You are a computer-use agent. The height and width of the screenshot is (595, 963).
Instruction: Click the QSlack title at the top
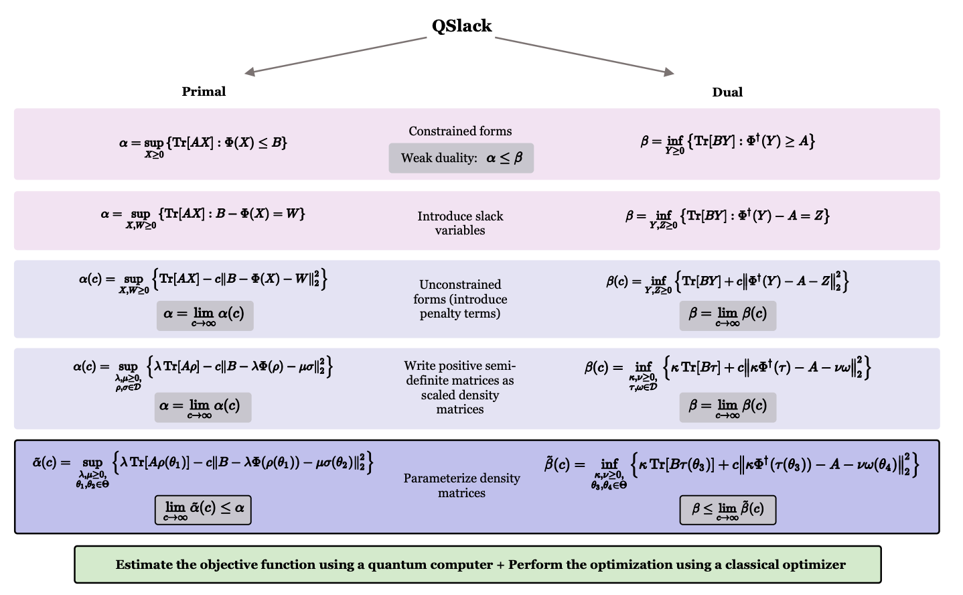coord(461,26)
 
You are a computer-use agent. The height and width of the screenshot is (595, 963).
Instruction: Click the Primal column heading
coord(204,92)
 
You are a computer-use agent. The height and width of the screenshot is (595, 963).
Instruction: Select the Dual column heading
coord(727,92)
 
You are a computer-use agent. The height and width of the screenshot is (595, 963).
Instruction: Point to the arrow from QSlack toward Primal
coord(335,55)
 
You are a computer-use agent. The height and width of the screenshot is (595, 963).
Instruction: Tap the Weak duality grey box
coord(461,158)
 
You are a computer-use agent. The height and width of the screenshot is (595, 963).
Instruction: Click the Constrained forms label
coord(460,131)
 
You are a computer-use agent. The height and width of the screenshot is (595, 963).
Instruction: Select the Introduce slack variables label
coord(460,223)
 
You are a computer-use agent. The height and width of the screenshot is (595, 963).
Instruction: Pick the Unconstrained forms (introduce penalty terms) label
coord(460,299)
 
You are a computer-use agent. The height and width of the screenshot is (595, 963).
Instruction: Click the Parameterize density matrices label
coord(461,485)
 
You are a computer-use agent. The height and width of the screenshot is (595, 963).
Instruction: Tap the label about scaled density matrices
coord(460,387)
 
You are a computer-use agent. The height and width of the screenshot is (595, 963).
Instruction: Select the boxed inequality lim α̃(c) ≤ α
coord(203,510)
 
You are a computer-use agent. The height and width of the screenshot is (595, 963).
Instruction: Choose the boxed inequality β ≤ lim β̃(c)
coord(727,510)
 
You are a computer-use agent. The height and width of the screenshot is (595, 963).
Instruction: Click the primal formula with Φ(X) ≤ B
coord(203,143)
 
